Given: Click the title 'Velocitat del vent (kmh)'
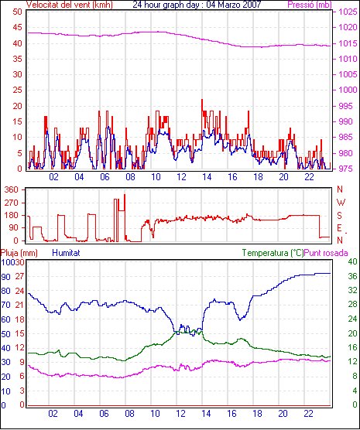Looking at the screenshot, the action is (70, 5).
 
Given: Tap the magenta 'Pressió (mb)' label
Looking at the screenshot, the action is (310, 5).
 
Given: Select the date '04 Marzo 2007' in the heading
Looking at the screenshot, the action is (233, 5).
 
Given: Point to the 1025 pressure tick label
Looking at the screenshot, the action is (348, 12).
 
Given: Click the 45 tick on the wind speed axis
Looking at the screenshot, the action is (17, 27).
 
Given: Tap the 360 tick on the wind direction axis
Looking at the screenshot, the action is (12, 189).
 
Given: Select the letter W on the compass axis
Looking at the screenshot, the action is (341, 203).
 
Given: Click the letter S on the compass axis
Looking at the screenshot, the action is (339, 216).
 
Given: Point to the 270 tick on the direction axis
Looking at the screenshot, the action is (12, 203).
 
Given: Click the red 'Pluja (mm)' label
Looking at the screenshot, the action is (19, 253).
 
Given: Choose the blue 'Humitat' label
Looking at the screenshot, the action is (66, 253).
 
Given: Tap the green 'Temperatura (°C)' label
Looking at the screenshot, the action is (273, 253).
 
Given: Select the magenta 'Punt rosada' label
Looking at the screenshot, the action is (326, 253).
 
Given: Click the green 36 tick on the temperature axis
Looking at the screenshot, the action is (352, 276).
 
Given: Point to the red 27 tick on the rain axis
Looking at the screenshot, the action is (20, 276).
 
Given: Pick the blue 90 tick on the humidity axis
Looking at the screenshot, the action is (5, 277).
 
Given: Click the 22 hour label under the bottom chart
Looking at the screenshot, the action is (308, 414).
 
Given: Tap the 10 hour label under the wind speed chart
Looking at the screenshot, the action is (156, 177).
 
